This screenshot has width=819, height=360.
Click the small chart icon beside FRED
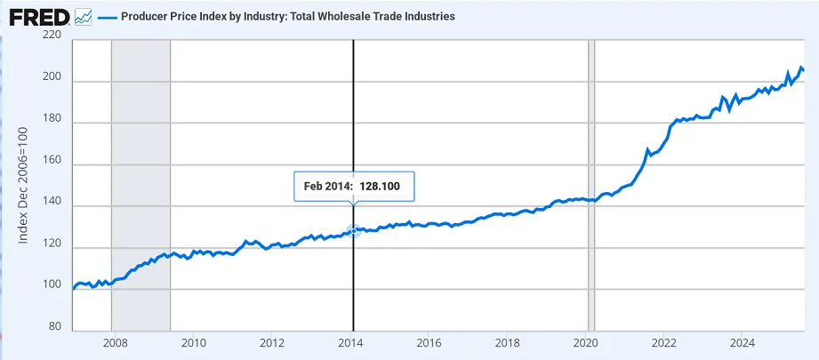pos(83,16)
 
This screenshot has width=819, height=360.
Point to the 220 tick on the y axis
pos(52,36)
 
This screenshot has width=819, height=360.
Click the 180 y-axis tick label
pos(52,123)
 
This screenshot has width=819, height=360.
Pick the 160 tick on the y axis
pos(52,164)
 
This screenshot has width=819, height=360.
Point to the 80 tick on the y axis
pos(54,327)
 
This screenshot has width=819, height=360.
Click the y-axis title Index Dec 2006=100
pos(23,185)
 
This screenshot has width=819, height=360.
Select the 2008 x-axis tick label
pos(114,342)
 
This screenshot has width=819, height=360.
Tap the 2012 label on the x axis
pos(271,342)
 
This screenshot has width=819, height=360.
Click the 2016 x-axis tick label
pos(429,342)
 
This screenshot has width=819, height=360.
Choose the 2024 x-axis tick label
pos(743,342)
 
